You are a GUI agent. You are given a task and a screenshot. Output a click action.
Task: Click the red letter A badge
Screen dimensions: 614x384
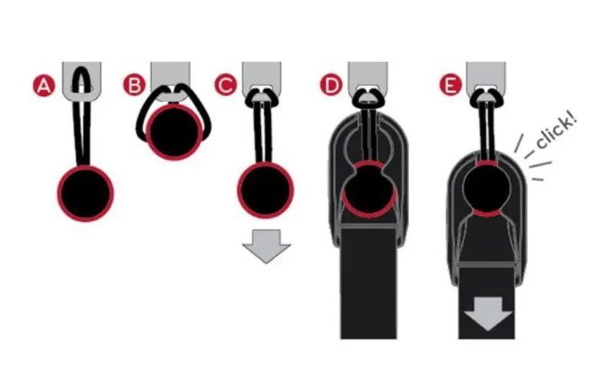point(44,86)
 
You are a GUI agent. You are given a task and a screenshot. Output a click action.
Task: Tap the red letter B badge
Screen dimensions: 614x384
point(134,84)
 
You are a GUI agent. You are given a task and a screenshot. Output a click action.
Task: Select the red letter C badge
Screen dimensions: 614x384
point(226,84)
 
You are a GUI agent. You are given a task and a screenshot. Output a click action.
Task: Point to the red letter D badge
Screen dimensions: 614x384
point(332,84)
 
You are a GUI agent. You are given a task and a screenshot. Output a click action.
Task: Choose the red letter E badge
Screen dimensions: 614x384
point(450,84)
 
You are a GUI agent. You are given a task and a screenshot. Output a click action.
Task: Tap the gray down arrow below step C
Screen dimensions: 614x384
point(266,246)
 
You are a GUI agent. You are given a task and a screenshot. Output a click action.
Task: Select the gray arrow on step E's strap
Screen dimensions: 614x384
point(488,313)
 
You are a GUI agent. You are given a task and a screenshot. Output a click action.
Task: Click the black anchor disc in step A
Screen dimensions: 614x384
point(85,194)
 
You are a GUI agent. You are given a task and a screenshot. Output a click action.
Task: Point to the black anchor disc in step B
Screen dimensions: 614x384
point(174,131)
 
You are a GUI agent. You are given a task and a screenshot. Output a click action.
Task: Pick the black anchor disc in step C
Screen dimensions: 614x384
point(266,190)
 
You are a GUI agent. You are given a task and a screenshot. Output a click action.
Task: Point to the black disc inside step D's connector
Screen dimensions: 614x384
point(369,188)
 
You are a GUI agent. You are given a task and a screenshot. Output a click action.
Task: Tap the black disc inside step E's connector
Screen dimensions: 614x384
point(487,188)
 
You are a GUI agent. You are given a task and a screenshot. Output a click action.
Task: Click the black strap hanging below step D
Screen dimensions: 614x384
point(368,283)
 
